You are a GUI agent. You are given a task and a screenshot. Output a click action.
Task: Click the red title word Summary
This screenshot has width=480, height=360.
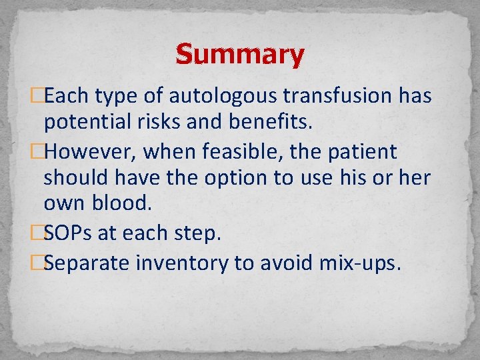click(240, 54)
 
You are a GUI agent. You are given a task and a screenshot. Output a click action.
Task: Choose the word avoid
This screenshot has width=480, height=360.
click(287, 263)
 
